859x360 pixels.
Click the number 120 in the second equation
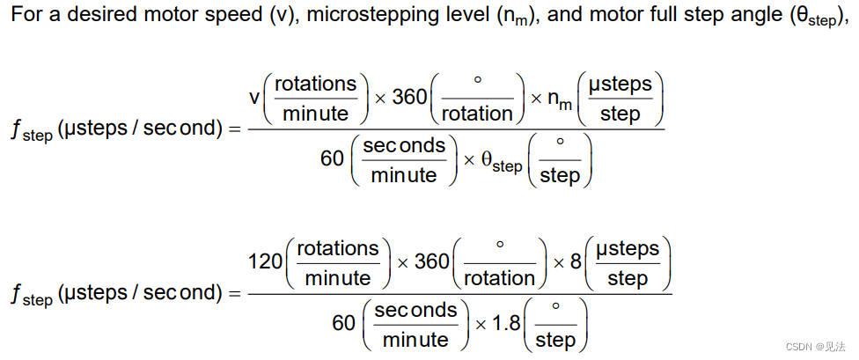coord(266,261)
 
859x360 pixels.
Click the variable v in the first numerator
coord(255,97)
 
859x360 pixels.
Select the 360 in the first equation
coord(409,97)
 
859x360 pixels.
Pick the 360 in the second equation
coord(431,261)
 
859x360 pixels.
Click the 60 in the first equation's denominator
coord(332,159)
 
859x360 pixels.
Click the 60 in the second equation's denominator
coord(343,323)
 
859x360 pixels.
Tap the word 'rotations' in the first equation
coord(316,84)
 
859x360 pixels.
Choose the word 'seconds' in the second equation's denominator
coord(416,311)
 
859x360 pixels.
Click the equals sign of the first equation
coord(233,129)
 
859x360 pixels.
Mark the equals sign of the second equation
coord(233,293)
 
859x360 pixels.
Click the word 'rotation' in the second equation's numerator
coord(499,277)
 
